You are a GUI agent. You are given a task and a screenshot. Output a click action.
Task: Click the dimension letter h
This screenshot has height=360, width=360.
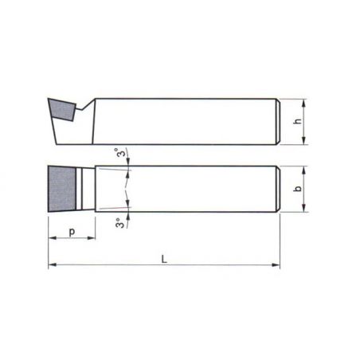pyautogui.click(x=299, y=121)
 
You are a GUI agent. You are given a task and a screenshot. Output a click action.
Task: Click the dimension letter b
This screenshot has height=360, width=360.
pyautogui.click(x=299, y=188)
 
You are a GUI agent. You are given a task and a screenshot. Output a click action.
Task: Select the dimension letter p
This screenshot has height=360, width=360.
pyautogui.click(x=72, y=232)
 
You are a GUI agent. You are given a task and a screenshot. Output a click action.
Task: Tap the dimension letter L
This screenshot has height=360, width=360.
pyautogui.click(x=164, y=259)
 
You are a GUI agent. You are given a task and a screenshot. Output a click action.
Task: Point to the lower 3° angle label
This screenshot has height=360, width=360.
pyautogui.click(x=119, y=223)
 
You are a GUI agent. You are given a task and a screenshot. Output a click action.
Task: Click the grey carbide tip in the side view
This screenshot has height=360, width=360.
pyautogui.click(x=62, y=109)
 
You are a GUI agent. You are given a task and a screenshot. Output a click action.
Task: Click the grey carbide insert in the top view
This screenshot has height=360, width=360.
pyautogui.click(x=62, y=189)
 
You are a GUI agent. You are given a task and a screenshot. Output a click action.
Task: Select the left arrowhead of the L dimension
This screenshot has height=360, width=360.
pyautogui.click(x=53, y=264)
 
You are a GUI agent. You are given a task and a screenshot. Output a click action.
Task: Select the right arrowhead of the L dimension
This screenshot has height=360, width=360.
pyautogui.click(x=276, y=264)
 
